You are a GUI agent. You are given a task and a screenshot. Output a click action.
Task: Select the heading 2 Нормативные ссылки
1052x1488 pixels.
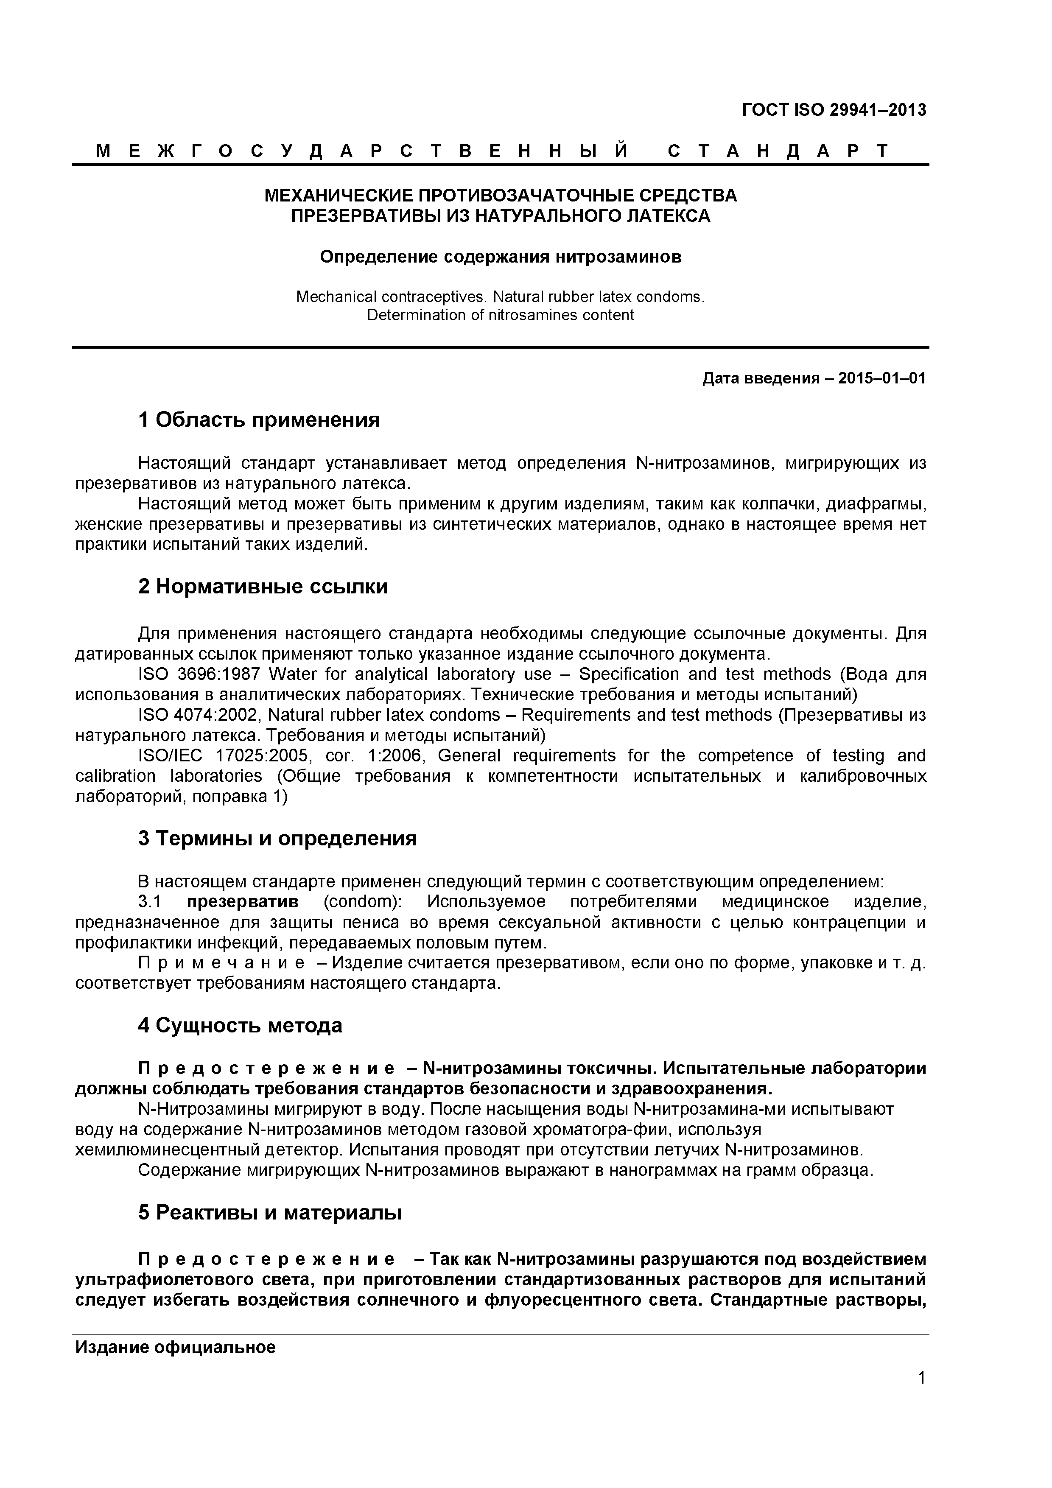[263, 587]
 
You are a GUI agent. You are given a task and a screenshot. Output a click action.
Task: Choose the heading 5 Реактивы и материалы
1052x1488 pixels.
[270, 1212]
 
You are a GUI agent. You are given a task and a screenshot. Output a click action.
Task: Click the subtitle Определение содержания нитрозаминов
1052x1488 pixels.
[501, 257]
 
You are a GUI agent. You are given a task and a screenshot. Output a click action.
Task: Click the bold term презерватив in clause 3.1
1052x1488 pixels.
[243, 902]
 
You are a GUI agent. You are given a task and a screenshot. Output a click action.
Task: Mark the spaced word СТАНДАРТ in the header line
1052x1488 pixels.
[778, 152]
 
